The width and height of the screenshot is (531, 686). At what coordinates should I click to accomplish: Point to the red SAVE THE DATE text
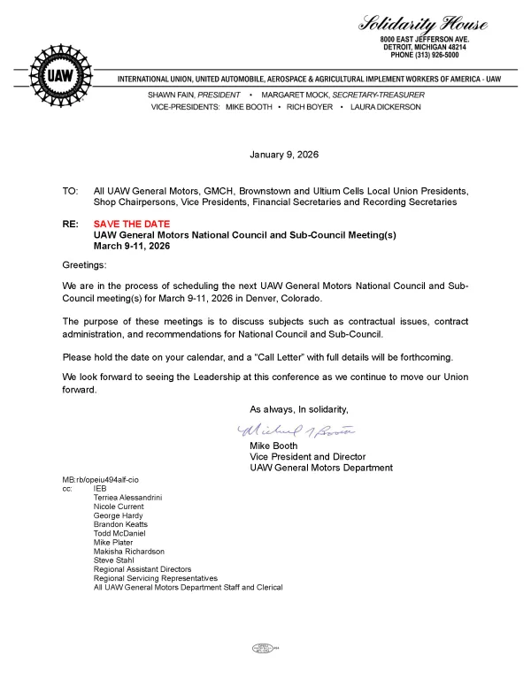tap(132, 225)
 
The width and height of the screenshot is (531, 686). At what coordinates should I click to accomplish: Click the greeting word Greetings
tap(84, 265)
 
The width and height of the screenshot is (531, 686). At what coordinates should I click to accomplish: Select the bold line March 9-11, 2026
tap(131, 246)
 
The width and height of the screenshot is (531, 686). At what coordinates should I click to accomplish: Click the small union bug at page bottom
tap(265, 648)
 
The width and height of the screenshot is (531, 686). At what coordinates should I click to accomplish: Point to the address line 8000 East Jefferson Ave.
tap(429, 40)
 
